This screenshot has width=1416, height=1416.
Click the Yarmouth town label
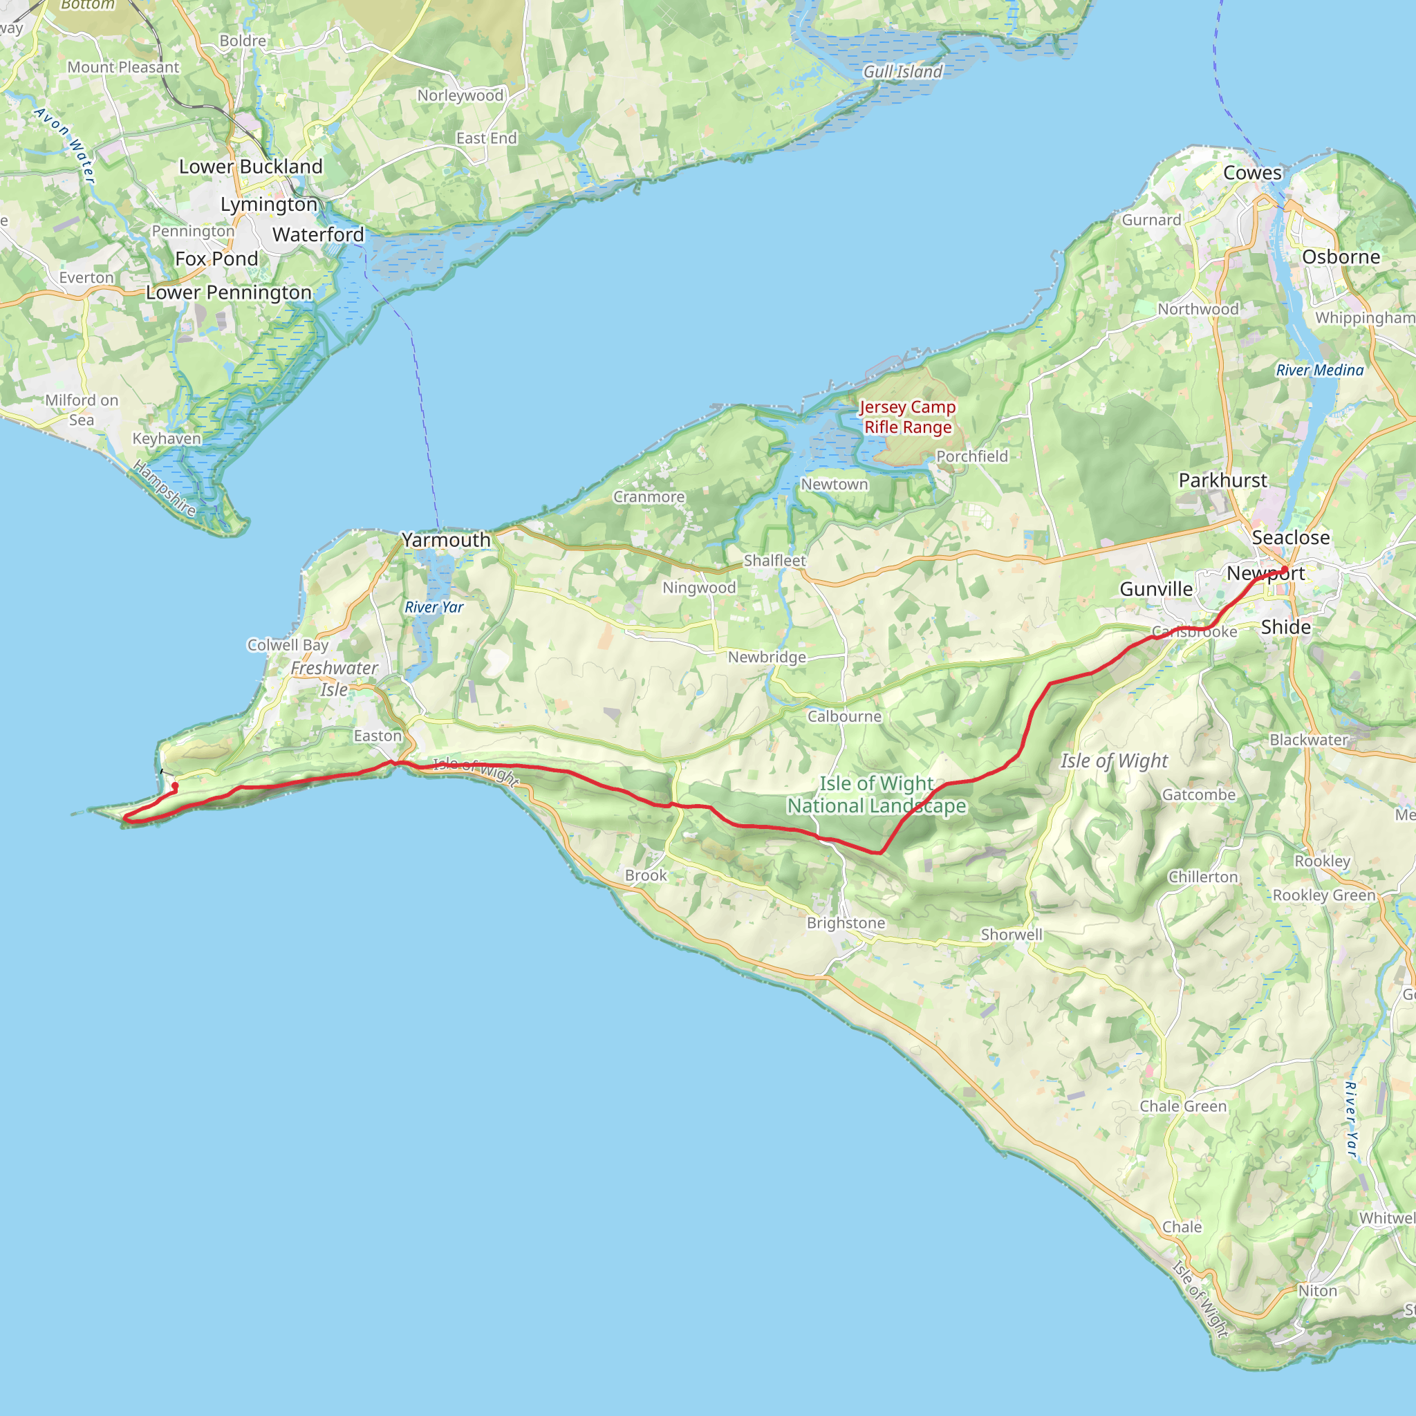[446, 540]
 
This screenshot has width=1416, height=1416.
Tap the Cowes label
[1253, 173]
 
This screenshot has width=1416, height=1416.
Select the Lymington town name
[269, 205]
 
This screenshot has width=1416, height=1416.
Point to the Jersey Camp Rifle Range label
[907, 417]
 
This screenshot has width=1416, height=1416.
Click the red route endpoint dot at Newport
[1284, 570]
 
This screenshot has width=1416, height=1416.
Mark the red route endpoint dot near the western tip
[174, 786]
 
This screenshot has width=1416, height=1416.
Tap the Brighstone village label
[846, 923]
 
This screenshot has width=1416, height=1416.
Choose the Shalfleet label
[774, 561]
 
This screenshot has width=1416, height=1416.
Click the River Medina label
[1320, 370]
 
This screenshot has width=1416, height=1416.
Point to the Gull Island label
[903, 72]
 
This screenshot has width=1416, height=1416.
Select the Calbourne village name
[844, 716]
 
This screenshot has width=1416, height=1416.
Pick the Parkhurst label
[1222, 481]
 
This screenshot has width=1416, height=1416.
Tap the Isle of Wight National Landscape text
[877, 795]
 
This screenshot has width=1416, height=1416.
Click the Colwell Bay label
[288, 645]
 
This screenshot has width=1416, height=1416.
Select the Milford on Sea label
[82, 410]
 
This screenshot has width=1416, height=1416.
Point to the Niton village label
[1317, 1291]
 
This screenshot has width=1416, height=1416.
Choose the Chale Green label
[1183, 1106]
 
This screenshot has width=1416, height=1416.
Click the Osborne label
[1341, 257]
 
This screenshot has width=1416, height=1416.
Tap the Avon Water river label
[65, 145]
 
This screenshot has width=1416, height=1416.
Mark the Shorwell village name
[1012, 935]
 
